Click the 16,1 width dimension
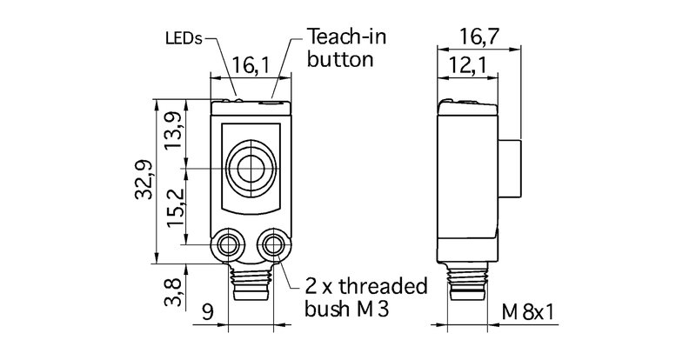click(250, 63)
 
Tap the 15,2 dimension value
click(175, 204)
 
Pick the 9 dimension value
click(208, 310)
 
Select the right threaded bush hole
click(274, 243)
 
